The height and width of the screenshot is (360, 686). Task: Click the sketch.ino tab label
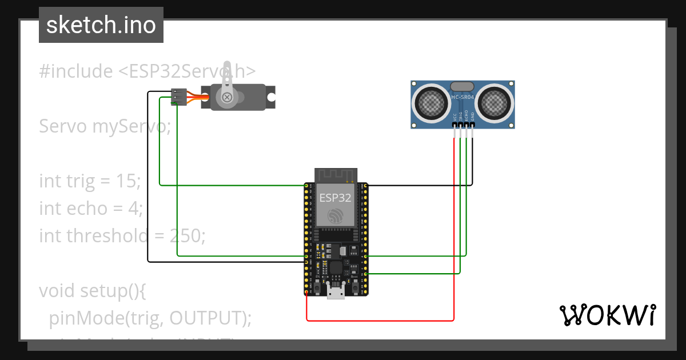[x=101, y=25]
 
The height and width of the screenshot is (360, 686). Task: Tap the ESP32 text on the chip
[x=336, y=198]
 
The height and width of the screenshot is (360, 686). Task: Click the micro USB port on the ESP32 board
[x=336, y=293]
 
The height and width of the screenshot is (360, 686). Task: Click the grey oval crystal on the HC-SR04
[x=462, y=86]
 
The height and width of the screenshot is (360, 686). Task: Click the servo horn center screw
[x=228, y=97]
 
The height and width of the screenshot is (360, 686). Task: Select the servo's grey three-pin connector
[x=180, y=97]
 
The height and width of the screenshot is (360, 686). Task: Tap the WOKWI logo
[x=607, y=315]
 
